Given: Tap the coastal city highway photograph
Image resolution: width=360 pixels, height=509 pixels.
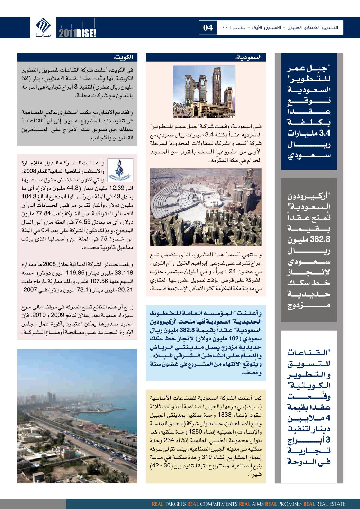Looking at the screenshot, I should (x=77, y=416).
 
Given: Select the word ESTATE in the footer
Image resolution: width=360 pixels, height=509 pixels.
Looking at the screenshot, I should (x=337, y=504).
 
